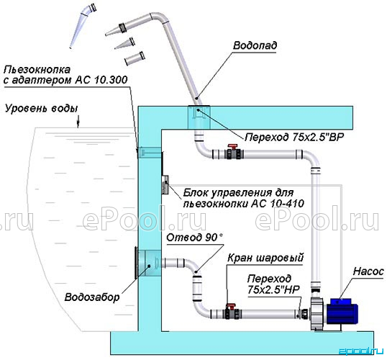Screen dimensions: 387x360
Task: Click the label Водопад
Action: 255,45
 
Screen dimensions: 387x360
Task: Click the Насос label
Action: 368,271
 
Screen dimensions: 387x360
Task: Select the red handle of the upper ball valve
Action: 232,147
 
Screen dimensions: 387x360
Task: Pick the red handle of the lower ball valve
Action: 231,307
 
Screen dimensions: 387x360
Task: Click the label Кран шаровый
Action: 265,258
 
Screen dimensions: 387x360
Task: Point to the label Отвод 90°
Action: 194,238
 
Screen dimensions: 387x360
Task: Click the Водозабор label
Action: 92,297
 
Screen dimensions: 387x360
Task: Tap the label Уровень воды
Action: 42,109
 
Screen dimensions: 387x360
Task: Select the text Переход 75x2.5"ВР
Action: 294,137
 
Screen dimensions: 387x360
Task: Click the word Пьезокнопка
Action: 37,70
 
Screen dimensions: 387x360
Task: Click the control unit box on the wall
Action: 165,184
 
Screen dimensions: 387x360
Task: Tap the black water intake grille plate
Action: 136,263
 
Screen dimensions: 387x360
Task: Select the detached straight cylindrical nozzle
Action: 135,58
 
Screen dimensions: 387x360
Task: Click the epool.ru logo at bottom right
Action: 361,351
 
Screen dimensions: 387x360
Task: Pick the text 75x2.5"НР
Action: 273,290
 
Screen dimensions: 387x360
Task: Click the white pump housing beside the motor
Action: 318,314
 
